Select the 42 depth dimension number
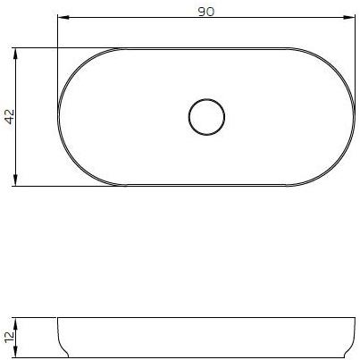point(9,117)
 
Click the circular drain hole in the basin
point(207,116)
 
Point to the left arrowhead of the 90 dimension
point(61,16)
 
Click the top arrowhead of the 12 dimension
point(18,321)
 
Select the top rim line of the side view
point(205,317)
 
